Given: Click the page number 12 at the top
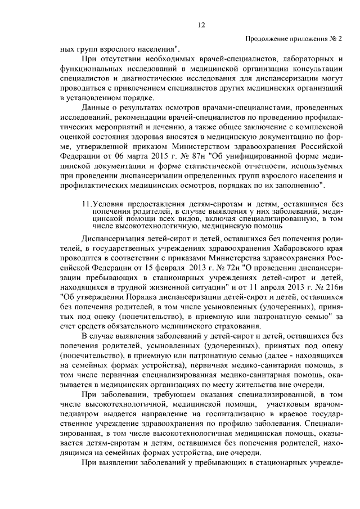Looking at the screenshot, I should pos(201,24).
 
